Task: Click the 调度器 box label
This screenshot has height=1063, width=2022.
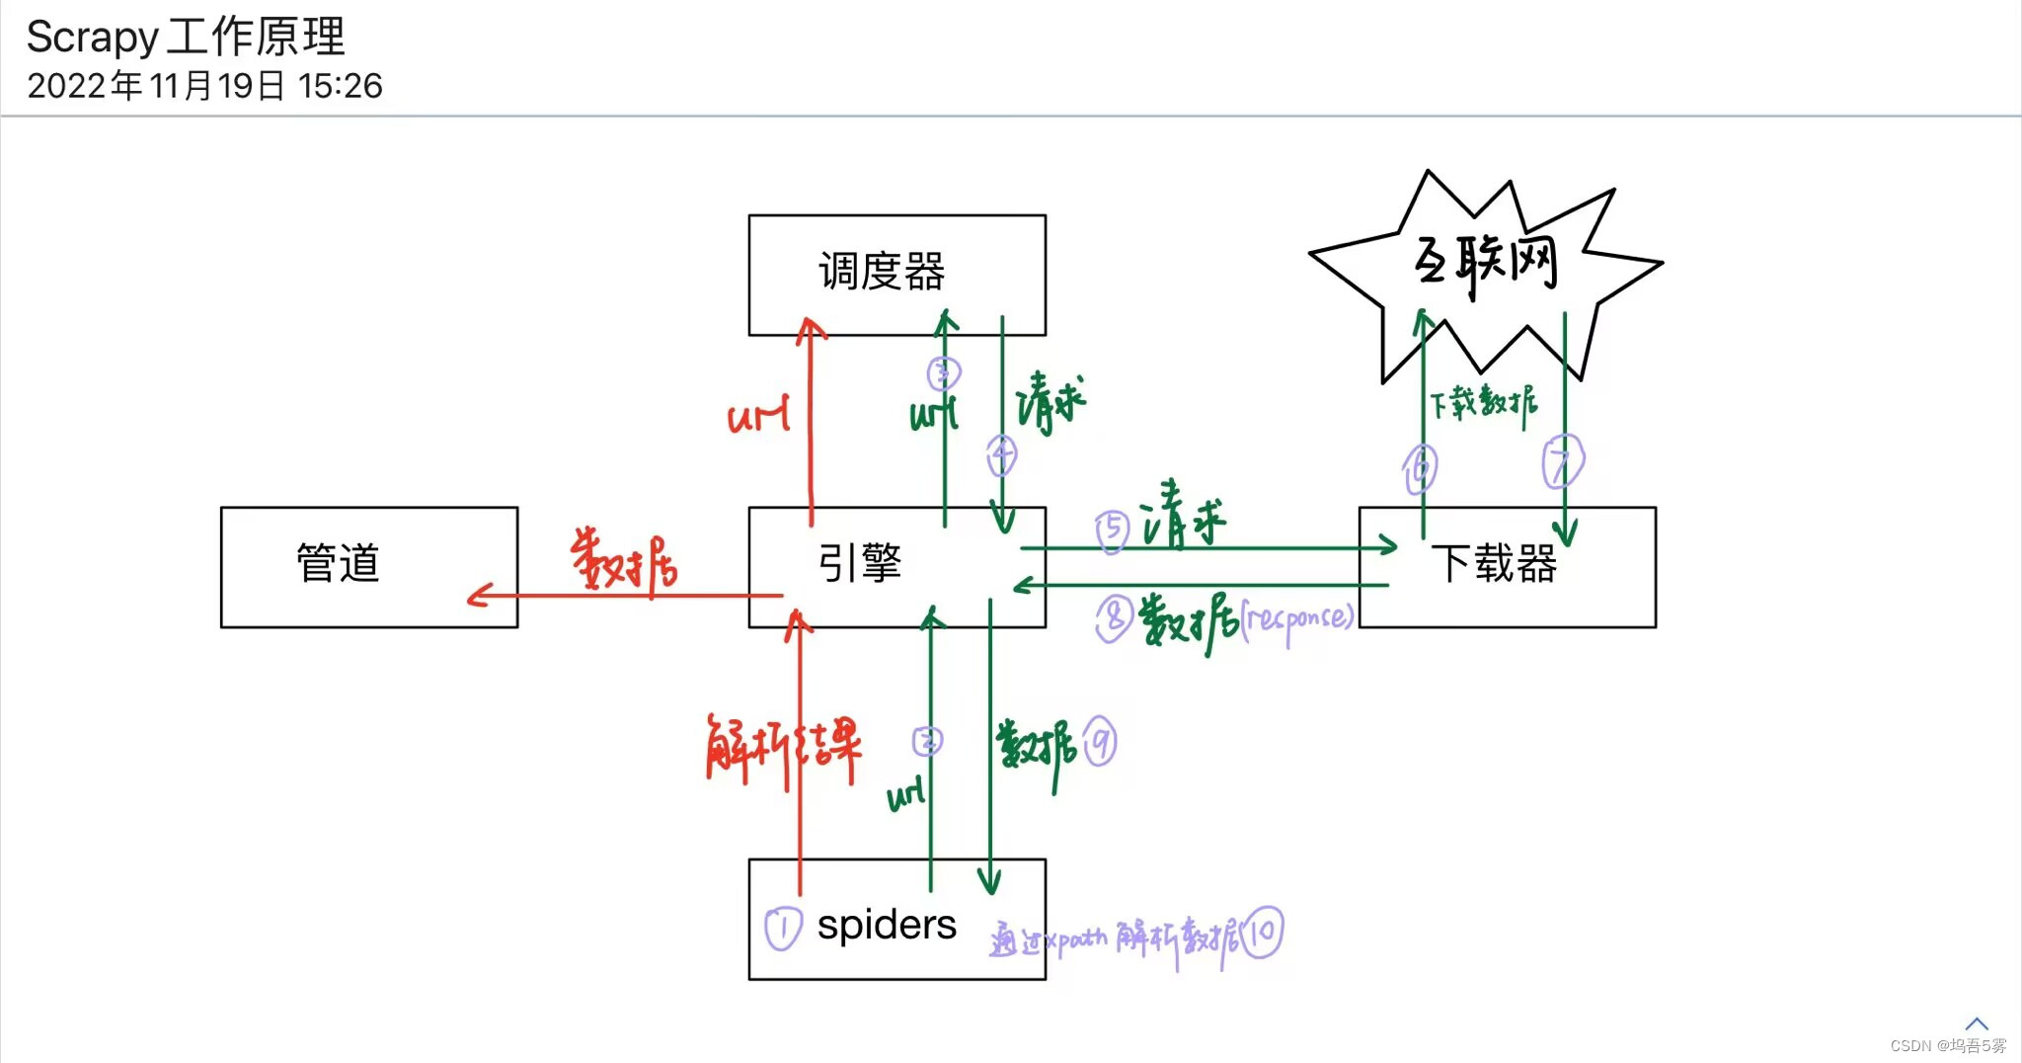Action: pyautogui.click(x=882, y=272)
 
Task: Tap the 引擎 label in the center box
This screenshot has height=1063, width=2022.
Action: pyautogui.click(x=860, y=563)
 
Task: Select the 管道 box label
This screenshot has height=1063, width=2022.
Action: pyautogui.click(x=338, y=563)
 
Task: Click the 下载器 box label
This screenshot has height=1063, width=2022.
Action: pyautogui.click(x=1493, y=563)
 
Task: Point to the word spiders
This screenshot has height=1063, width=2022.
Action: pyautogui.click(x=887, y=926)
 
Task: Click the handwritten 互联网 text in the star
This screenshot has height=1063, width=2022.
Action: pyautogui.click(x=1487, y=263)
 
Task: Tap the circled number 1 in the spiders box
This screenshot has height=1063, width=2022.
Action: pyautogui.click(x=783, y=929)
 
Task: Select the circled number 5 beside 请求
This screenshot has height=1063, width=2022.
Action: pyautogui.click(x=1113, y=529)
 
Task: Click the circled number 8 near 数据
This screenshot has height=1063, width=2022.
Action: pyautogui.click(x=1114, y=618)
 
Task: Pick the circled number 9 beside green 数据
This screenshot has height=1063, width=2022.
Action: pyautogui.click(x=1100, y=742)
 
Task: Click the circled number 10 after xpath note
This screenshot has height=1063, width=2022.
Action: pyautogui.click(x=1263, y=933)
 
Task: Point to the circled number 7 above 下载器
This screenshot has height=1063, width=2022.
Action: pyautogui.click(x=1562, y=462)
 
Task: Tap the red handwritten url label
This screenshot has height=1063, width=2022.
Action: pyautogui.click(x=758, y=416)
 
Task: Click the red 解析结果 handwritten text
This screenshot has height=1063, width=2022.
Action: pyautogui.click(x=783, y=749)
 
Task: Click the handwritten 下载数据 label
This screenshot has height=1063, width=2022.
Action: pyautogui.click(x=1484, y=403)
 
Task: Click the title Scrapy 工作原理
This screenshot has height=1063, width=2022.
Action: pyautogui.click(x=186, y=38)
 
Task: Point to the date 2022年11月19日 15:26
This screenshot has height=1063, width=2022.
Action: pyautogui.click(x=204, y=86)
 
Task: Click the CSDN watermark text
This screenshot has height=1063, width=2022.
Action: pyautogui.click(x=1947, y=1045)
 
